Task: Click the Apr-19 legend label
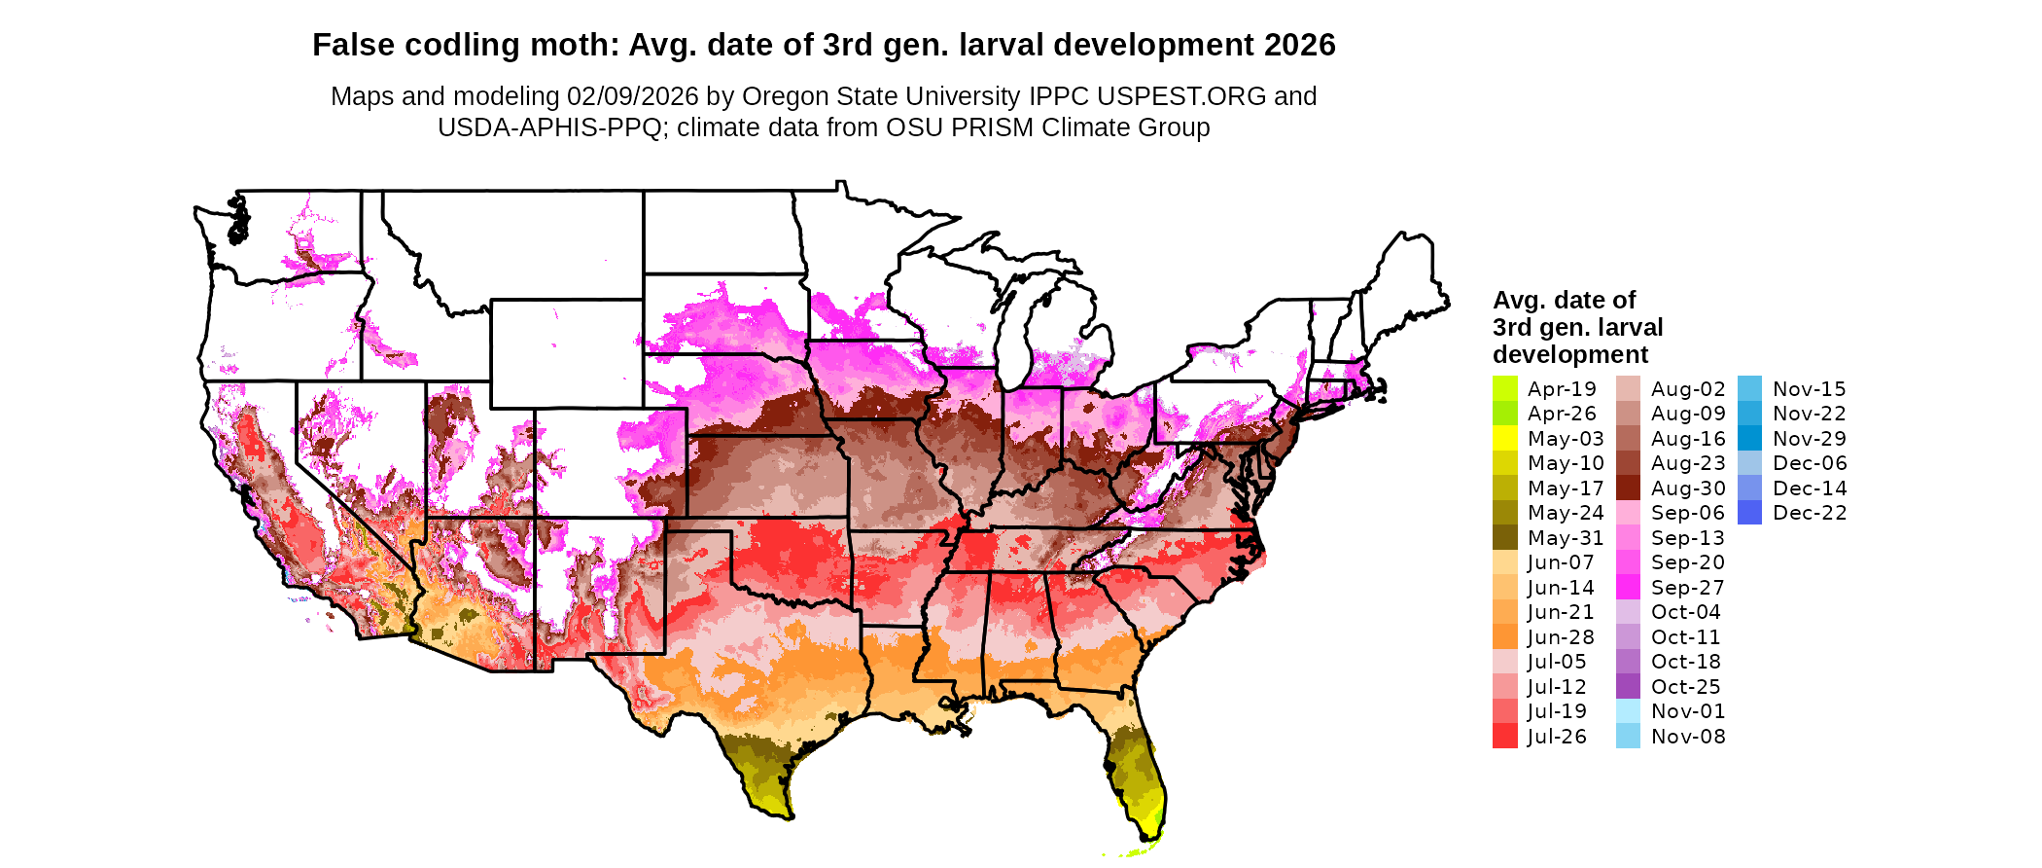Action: click(x=1562, y=389)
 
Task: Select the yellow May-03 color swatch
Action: click(x=1504, y=439)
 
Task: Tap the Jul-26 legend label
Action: click(x=1557, y=737)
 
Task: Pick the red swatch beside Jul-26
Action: click(x=1504, y=737)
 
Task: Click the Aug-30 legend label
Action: click(x=1688, y=488)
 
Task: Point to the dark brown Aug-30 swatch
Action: click(x=1628, y=488)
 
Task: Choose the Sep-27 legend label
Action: click(x=1687, y=588)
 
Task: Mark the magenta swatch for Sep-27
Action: click(x=1628, y=588)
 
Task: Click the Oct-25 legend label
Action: click(x=1685, y=687)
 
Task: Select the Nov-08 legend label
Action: click(x=1688, y=737)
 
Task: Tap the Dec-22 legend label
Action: click(x=1810, y=513)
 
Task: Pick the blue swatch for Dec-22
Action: click(x=1749, y=513)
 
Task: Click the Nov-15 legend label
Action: click(x=1809, y=389)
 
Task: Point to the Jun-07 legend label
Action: click(x=1561, y=562)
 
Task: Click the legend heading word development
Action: click(x=1570, y=354)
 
